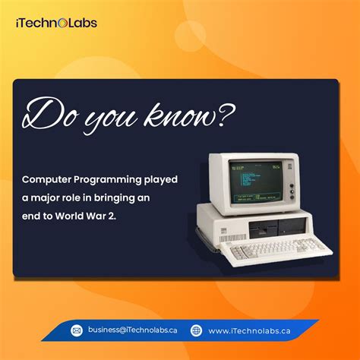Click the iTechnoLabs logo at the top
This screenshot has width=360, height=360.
(x=55, y=24)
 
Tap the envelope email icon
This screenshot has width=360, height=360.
(x=77, y=330)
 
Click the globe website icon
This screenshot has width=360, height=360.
(x=197, y=330)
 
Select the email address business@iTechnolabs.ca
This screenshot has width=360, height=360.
(x=132, y=330)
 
